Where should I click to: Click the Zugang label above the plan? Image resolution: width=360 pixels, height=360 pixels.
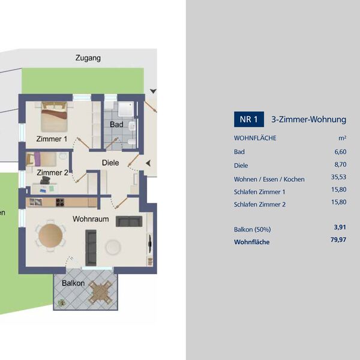(x=88, y=58)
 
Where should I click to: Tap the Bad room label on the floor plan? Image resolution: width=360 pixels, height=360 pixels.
(x=116, y=124)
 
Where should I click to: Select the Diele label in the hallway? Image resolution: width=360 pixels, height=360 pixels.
(x=110, y=163)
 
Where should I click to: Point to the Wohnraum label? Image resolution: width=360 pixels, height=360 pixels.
(x=91, y=219)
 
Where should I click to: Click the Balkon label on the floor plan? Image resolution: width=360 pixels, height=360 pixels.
(x=73, y=283)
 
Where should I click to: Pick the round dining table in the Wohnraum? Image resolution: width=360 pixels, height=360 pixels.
(x=50, y=236)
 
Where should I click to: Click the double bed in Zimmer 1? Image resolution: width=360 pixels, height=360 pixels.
(x=54, y=116)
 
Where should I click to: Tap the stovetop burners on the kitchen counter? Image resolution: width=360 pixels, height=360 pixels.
(x=60, y=202)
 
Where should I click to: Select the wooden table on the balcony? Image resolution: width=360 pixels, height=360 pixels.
(x=100, y=292)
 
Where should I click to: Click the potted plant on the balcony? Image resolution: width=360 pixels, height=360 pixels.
(x=62, y=302)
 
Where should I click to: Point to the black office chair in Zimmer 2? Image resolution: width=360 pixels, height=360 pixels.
(x=45, y=180)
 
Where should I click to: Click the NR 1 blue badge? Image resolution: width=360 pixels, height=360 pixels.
(x=249, y=119)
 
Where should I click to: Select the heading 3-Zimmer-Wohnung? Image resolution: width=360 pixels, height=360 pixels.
(x=308, y=119)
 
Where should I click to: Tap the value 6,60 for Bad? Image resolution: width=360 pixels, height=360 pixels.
(x=340, y=152)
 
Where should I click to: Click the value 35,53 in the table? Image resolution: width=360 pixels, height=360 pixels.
(x=338, y=177)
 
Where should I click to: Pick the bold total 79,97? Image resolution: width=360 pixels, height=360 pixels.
(x=338, y=239)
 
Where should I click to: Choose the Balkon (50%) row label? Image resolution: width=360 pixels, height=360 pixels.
(x=253, y=229)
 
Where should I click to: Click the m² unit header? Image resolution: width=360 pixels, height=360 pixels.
(x=343, y=138)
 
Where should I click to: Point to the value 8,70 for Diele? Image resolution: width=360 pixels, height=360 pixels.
(x=340, y=164)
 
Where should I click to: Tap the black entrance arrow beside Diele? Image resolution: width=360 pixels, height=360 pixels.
(x=148, y=163)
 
